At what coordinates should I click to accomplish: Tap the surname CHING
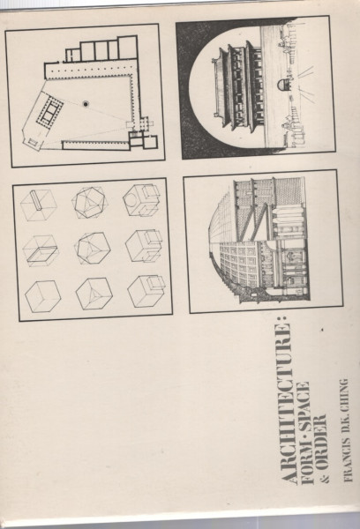[x=344, y=392]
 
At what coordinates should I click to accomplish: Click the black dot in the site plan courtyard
[x=86, y=104]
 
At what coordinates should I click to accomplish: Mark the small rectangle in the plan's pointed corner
[x=33, y=141]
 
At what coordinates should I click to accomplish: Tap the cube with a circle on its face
[x=141, y=200]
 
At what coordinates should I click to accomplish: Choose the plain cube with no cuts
[x=43, y=296]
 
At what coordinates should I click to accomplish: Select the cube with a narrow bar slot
[x=38, y=205]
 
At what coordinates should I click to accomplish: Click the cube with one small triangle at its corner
[x=94, y=294]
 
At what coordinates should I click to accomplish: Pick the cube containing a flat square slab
[x=41, y=251]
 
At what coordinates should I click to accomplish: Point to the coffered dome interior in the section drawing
[x=236, y=263]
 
